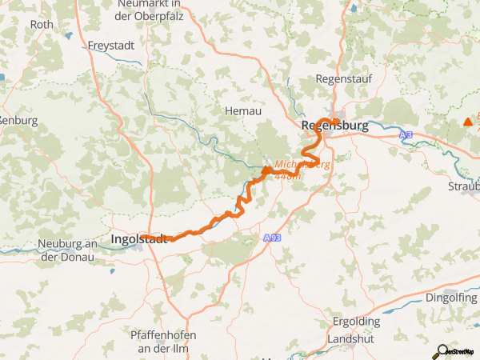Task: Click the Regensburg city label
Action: pos(334,126)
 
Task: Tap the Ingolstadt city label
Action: pos(138,238)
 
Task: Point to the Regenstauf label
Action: pos(341,78)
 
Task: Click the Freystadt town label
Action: pos(112,45)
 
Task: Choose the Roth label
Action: pos(41,25)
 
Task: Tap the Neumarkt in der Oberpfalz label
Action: pos(167,10)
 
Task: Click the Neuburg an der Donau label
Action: pos(67,250)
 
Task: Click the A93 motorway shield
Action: pos(272,238)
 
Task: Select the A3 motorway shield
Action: pos(407,136)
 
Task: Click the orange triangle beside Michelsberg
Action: pos(266,170)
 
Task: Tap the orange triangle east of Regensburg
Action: pos(467,122)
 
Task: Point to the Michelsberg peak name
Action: pos(302,165)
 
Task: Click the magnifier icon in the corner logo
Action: pos(439,350)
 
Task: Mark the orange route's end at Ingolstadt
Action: pos(170,238)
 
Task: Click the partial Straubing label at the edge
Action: pos(464,186)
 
